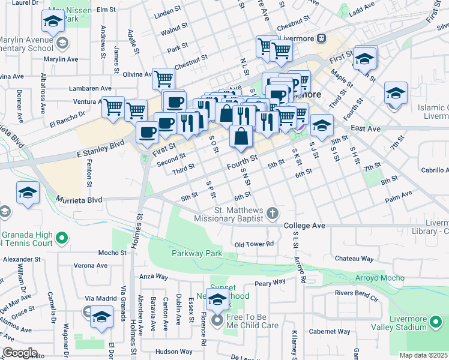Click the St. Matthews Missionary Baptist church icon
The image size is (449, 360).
pyautogui.click(x=273, y=213)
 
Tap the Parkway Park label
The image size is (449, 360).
pyautogui.click(x=197, y=254)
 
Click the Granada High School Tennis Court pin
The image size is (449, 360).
pyautogui.click(x=61, y=239)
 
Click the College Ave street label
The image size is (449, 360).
pyautogui.click(x=304, y=226)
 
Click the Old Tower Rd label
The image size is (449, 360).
pyautogui.click(x=254, y=244)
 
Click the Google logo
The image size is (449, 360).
pyautogui.click(x=19, y=353)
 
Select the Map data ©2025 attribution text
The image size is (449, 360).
pyautogui.click(x=423, y=355)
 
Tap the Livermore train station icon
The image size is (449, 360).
pyautogui.click(x=322, y=38)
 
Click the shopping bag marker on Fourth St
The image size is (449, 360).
pyautogui.click(x=241, y=137)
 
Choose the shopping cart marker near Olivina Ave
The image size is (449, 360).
pyautogui.click(x=163, y=78)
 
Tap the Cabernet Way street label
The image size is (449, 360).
pyautogui.click(x=330, y=331)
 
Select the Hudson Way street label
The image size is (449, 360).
pyautogui.click(x=173, y=352)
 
